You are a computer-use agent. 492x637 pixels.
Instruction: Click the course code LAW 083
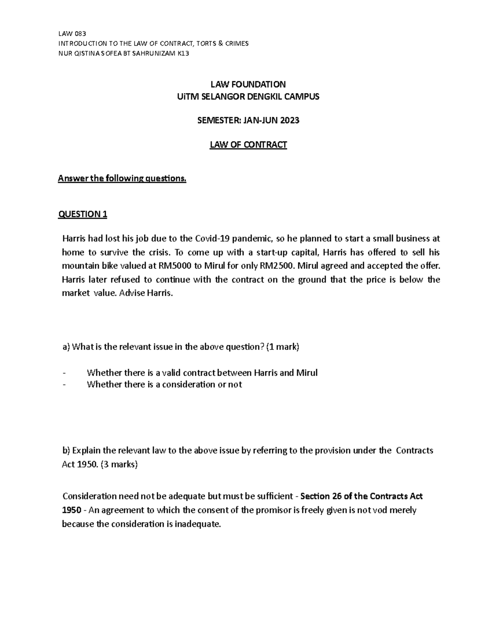point(72,34)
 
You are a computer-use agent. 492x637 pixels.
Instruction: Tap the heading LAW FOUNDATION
point(248,84)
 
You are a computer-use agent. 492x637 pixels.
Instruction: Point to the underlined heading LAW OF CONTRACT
point(248,145)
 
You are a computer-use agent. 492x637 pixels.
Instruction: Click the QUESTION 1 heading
point(83,214)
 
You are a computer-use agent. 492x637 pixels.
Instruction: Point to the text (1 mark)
point(283,347)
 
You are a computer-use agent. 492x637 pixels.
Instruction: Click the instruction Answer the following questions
point(122,178)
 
